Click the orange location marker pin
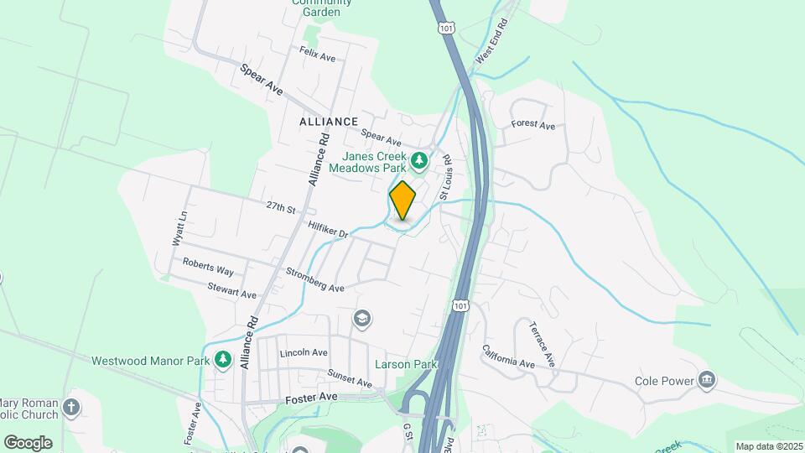pyautogui.click(x=402, y=200)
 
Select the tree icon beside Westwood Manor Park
pyautogui.click(x=222, y=359)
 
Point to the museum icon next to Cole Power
pyautogui.click(x=708, y=381)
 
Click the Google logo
pyautogui.click(x=28, y=442)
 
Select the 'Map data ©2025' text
pyautogui.click(x=767, y=446)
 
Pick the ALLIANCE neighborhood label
pyautogui.click(x=329, y=122)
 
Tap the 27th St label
pyautogui.click(x=282, y=206)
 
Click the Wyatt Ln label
pyautogui.click(x=179, y=227)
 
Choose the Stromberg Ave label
pyautogui.click(x=314, y=280)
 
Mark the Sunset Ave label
pyautogui.click(x=350, y=377)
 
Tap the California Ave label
pyautogui.click(x=508, y=357)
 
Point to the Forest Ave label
pyautogui.click(x=533, y=126)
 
